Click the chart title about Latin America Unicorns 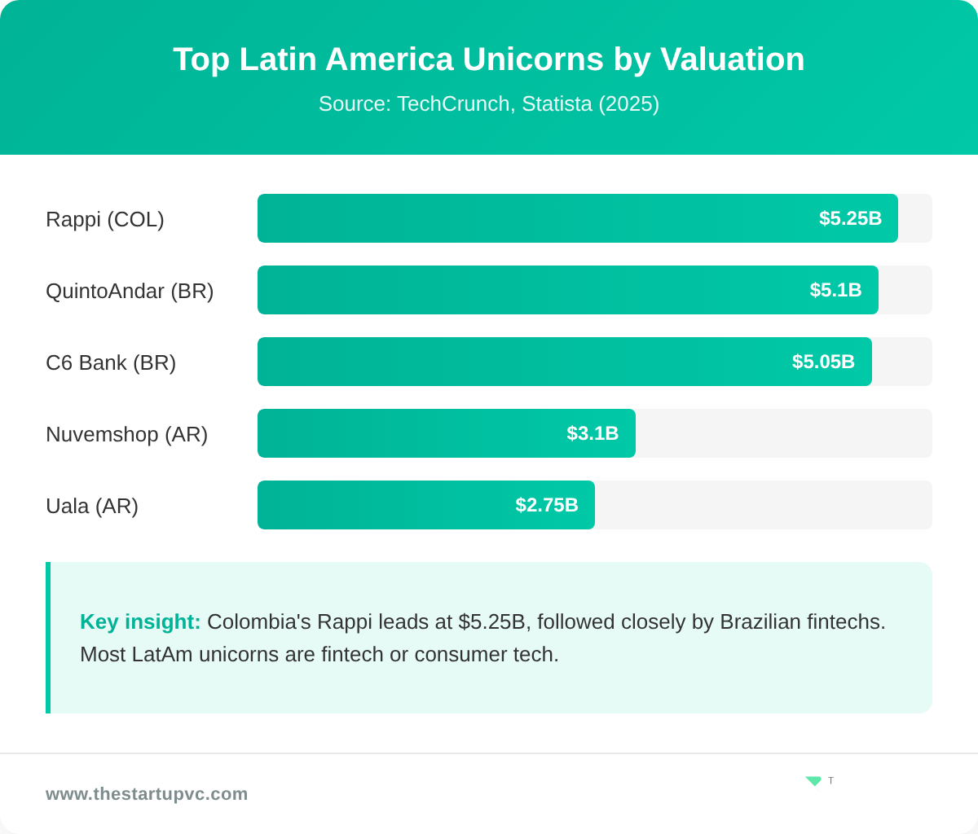point(488,59)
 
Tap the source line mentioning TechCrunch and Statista point(488,104)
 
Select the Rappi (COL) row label point(105,219)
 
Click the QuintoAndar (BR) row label point(130,291)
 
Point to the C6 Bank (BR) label point(111,362)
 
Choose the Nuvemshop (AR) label point(126,434)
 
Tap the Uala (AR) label point(92,506)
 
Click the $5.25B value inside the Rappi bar point(850,218)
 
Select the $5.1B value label point(835,290)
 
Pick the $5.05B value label point(823,362)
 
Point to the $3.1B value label point(593,433)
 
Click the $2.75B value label point(547,505)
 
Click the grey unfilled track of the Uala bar point(762,505)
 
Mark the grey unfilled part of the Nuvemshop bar point(782,433)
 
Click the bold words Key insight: point(140,622)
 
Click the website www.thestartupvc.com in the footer point(147,794)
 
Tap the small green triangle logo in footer point(813,781)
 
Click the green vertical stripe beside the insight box point(48,638)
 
